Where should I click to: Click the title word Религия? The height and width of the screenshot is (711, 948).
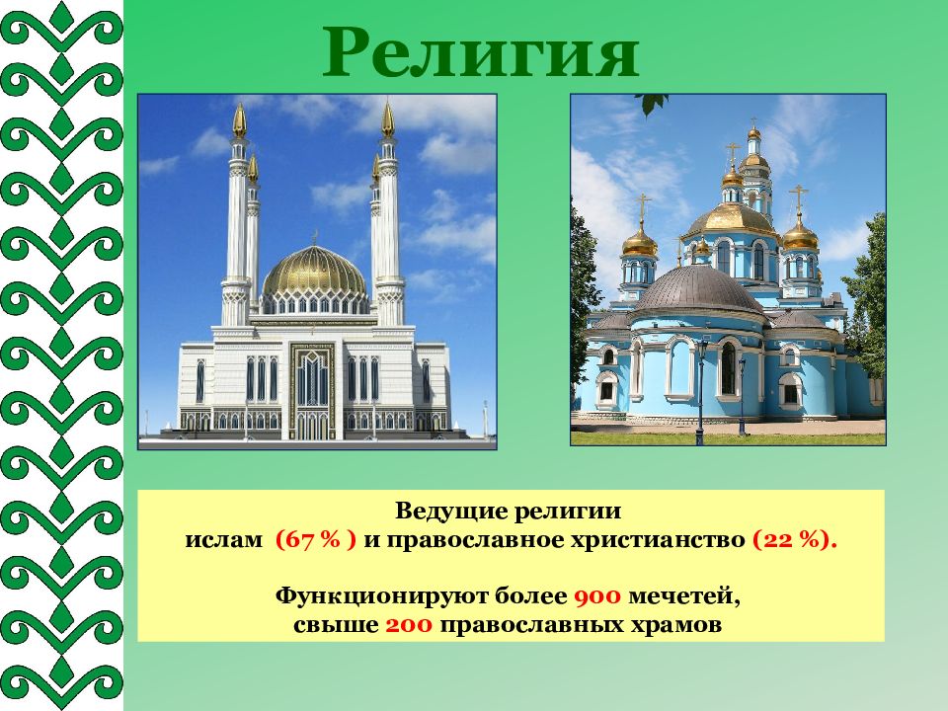(481, 53)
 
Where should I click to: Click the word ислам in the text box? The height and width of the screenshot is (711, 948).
(224, 539)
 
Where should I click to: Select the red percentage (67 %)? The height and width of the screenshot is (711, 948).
(316, 539)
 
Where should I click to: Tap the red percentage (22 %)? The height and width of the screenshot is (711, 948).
(795, 539)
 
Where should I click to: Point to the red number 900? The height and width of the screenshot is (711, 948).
(597, 596)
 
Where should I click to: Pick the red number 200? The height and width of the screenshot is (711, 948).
(409, 624)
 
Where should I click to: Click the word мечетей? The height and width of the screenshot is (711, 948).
(684, 596)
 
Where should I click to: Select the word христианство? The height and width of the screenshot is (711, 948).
(658, 540)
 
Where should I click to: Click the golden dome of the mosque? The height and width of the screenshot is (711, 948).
(314, 271)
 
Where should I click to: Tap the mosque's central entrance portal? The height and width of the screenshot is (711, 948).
(312, 391)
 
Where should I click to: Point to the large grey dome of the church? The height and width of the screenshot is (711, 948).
(700, 289)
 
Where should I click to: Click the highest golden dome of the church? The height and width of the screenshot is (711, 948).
(753, 132)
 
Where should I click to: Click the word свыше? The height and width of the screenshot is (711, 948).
(336, 625)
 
